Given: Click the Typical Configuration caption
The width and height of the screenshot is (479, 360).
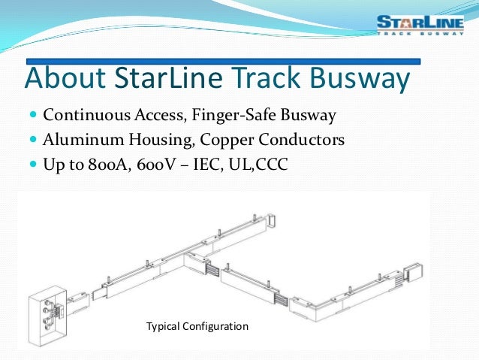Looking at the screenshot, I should pyautogui.click(x=197, y=327).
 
